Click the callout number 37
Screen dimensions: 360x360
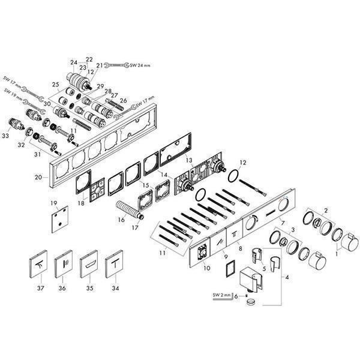click(x=40, y=287)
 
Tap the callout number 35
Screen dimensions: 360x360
click(x=89, y=287)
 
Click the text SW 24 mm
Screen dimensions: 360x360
click(x=142, y=65)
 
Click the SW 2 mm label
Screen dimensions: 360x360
click(x=223, y=295)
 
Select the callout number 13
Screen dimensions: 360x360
click(x=188, y=161)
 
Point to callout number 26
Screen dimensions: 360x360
click(x=123, y=100)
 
